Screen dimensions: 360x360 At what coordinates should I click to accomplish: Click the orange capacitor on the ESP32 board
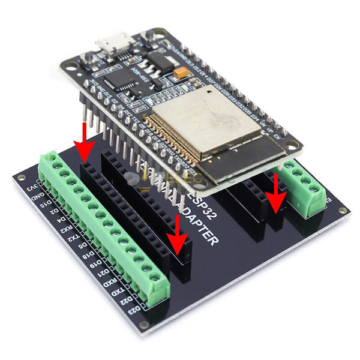click(x=179, y=74)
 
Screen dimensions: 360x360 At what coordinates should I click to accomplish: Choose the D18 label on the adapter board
click(x=89, y=251)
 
